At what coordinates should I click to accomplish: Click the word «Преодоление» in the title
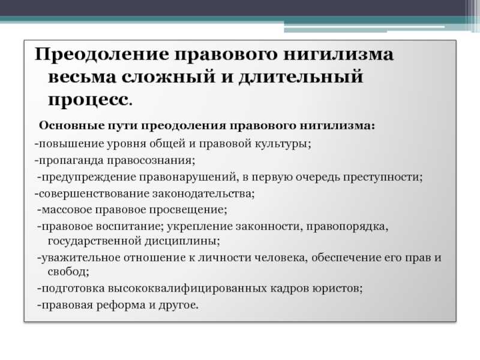click(x=102, y=55)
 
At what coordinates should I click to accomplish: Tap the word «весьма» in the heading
click(x=82, y=77)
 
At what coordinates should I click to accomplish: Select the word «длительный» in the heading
click(x=301, y=77)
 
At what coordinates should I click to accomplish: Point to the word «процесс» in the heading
click(x=88, y=100)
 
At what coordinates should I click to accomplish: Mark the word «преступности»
click(x=381, y=178)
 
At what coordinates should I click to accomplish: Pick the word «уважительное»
click(x=80, y=258)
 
